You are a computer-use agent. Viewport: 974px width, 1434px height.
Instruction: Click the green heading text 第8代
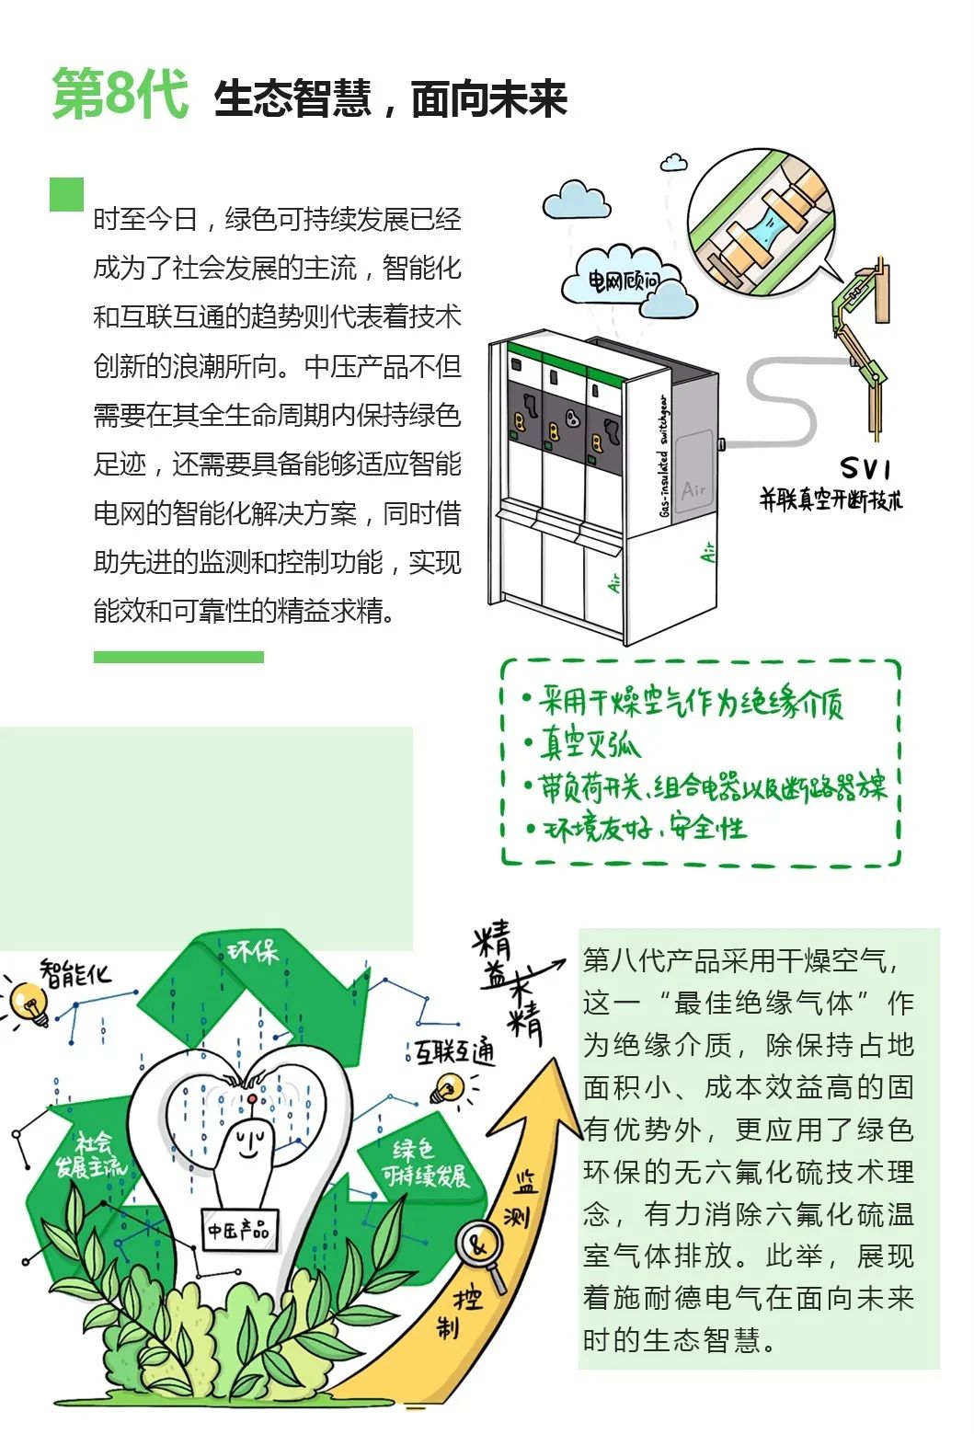tap(120, 94)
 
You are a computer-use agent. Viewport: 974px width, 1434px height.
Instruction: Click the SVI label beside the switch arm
tap(865, 468)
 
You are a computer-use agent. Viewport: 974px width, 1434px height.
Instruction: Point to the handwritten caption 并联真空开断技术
tap(831, 499)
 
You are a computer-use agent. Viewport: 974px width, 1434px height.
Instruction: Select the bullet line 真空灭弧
tap(581, 743)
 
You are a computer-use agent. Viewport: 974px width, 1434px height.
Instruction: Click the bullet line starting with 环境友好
tap(636, 828)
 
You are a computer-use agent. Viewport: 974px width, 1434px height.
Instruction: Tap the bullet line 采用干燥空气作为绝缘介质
tap(683, 702)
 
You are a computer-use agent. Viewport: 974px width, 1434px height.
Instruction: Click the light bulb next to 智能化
tap(29, 1003)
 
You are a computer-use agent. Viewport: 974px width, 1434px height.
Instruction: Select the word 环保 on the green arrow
tap(254, 952)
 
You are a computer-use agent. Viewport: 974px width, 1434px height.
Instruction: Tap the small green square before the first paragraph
tap(66, 194)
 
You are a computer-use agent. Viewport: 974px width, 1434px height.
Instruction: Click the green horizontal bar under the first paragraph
tap(178, 657)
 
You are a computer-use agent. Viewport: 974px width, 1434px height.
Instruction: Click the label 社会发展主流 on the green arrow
tap(91, 1155)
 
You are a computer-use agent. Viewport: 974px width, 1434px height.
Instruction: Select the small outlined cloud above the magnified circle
tap(674, 162)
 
